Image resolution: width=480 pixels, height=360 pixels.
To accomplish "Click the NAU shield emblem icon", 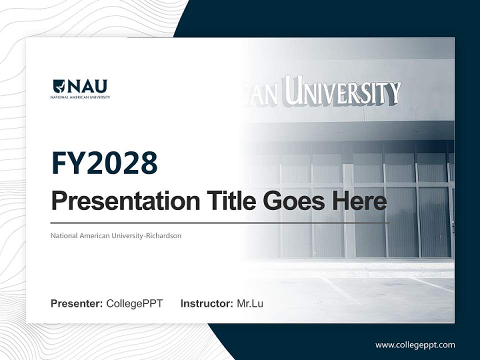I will coord(58,86).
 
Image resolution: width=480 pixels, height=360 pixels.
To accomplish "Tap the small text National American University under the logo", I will coord(80,97).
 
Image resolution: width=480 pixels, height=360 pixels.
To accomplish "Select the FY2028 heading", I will coord(104,163).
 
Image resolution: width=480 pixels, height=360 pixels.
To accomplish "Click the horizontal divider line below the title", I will coord(220,223).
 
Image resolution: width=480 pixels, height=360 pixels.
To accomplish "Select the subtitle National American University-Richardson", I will coord(115,235).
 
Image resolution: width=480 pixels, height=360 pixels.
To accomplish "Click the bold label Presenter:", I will coord(77,303).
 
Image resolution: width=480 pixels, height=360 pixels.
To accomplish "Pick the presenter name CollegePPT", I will coord(134,303).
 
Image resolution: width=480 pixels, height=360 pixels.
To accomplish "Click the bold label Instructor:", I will coord(206,303).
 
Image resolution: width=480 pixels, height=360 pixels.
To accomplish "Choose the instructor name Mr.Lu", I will coord(250,303).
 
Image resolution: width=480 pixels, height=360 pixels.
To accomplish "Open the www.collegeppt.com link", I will coord(415,345).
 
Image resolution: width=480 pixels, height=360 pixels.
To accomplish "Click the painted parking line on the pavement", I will coord(340,290).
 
